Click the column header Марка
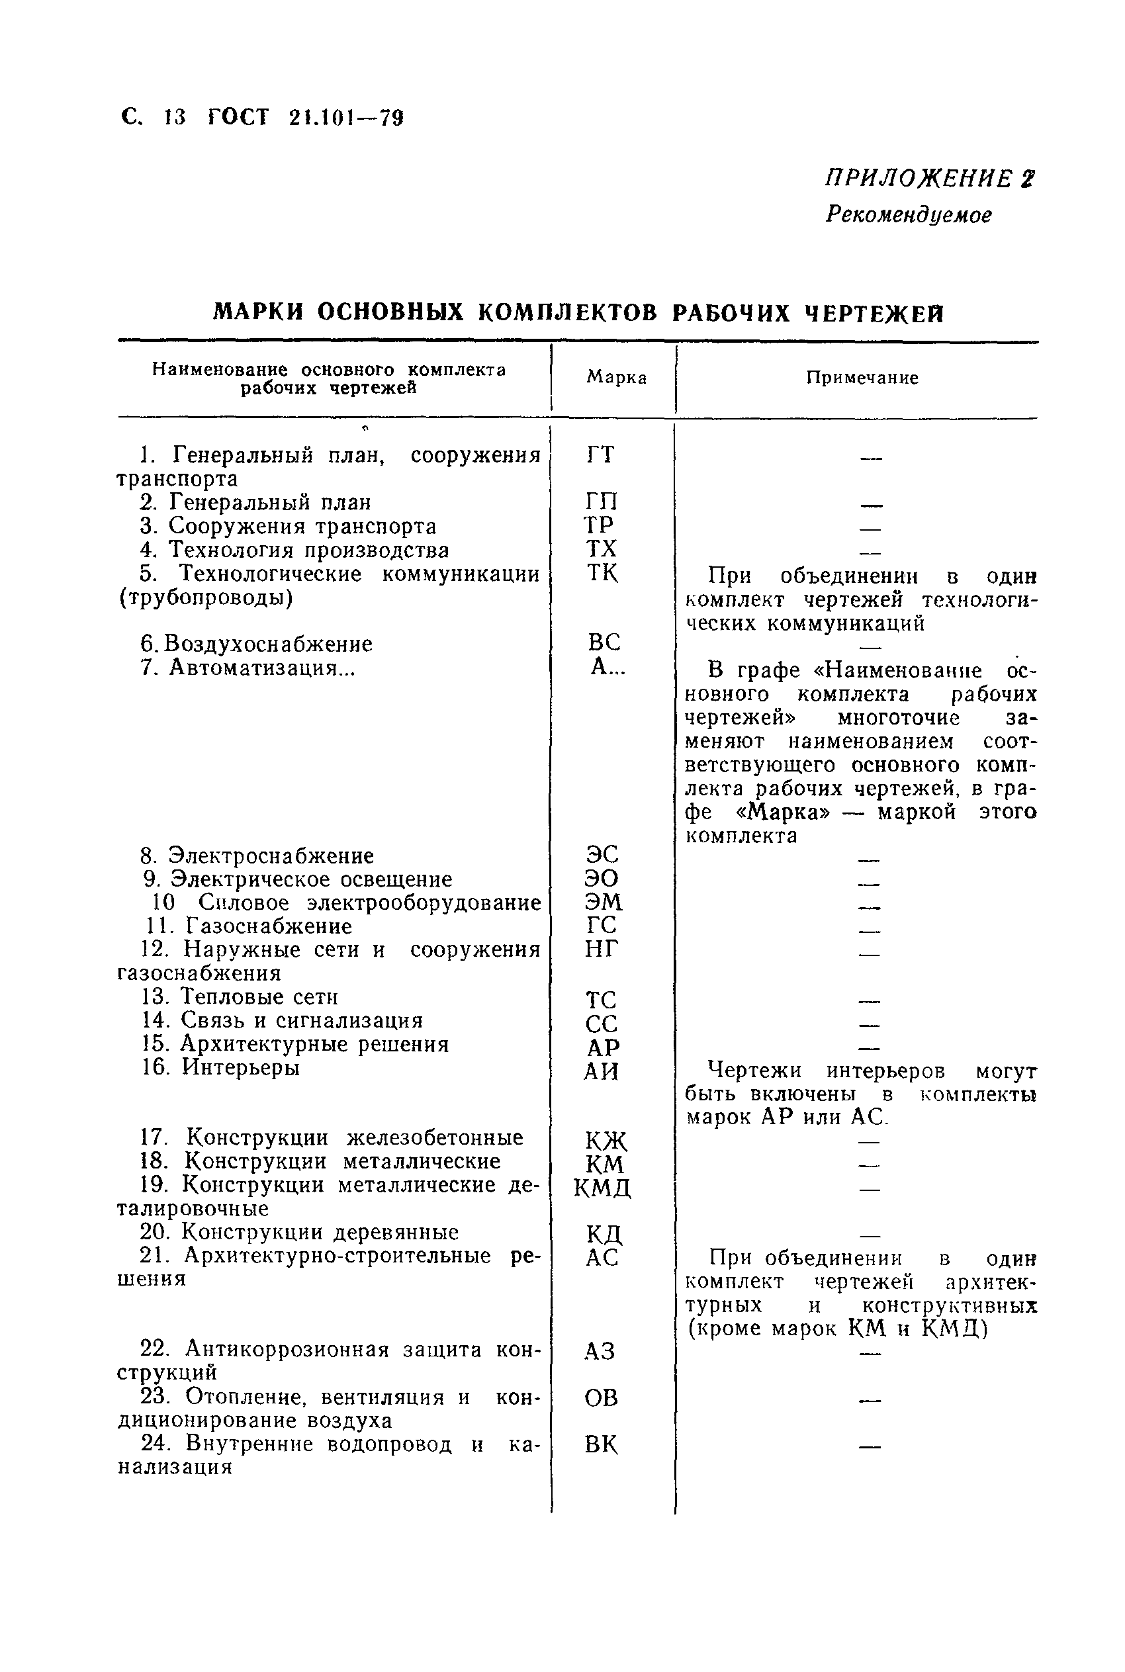(616, 377)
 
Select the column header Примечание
(862, 378)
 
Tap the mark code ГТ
(600, 455)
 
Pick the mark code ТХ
(600, 549)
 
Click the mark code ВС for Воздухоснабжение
(604, 642)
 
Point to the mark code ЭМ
(604, 902)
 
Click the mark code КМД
(602, 1188)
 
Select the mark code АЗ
(600, 1351)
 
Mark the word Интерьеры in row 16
(240, 1067)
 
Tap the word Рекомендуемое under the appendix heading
(909, 214)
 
